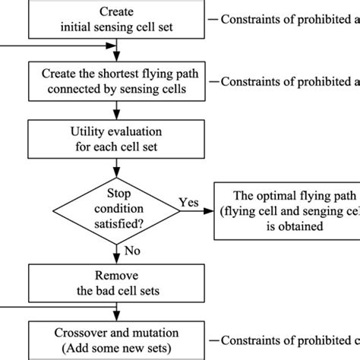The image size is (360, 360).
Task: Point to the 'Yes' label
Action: [188, 202]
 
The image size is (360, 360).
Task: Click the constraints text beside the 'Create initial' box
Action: [289, 20]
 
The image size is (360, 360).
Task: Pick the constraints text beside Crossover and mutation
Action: [289, 339]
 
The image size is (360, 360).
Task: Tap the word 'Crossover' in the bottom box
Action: [80, 333]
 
